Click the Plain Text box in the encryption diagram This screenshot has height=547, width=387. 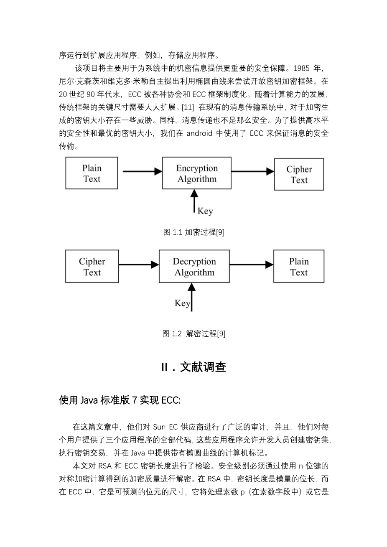click(x=92, y=173)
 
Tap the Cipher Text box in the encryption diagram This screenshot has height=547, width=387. click(x=299, y=175)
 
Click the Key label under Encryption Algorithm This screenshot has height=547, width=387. click(x=205, y=211)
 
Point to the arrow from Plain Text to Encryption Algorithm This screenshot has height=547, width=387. click(x=142, y=171)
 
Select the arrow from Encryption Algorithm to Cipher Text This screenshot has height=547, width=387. click(x=252, y=171)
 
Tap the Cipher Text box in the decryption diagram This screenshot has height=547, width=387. click(x=92, y=267)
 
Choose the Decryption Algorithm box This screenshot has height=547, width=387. click(x=194, y=267)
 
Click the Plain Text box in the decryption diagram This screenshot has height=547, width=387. click(x=298, y=267)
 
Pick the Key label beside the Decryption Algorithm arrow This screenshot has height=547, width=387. click(x=182, y=303)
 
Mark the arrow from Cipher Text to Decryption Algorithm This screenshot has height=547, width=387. click(x=139, y=265)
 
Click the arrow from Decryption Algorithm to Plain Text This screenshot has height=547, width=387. click(x=251, y=265)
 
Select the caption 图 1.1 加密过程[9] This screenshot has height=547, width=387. click(x=193, y=232)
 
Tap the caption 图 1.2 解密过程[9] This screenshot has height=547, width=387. click(x=193, y=333)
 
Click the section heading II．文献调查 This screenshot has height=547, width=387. click(x=193, y=367)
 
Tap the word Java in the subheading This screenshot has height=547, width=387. click(x=89, y=400)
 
